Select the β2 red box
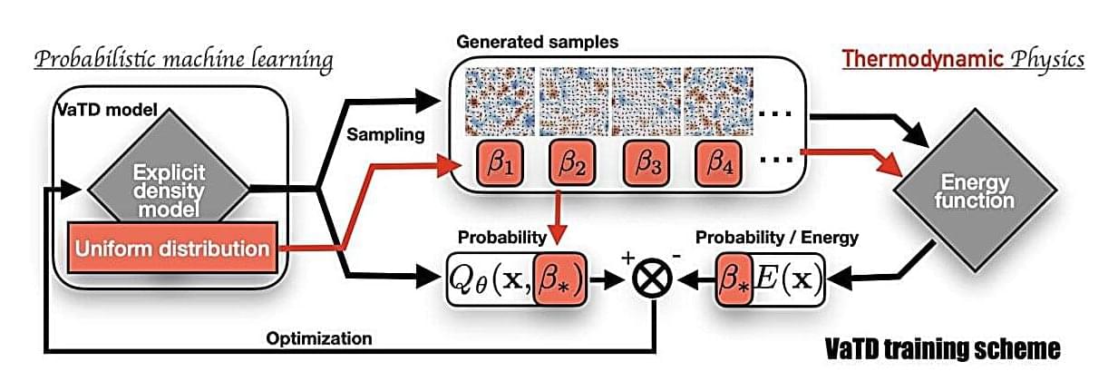572,169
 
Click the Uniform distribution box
171,248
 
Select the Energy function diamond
974,191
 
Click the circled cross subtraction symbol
656,278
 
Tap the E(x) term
787,278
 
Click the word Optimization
319,338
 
